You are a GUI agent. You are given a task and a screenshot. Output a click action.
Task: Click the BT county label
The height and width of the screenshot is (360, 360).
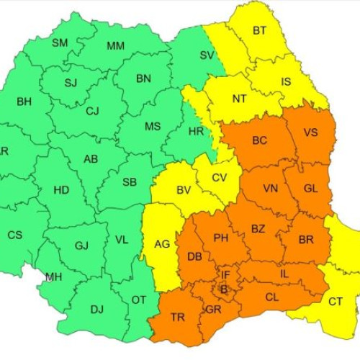(259, 31)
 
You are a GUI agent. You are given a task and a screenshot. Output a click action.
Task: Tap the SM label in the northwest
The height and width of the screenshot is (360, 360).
(60, 43)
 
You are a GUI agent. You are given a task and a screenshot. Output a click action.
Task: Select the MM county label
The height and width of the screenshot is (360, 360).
(115, 47)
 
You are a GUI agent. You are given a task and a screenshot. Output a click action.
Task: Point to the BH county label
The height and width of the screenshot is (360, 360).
(24, 102)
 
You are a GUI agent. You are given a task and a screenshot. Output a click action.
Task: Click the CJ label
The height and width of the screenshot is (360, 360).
(92, 111)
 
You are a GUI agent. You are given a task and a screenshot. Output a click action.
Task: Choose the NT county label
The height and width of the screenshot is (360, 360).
(240, 98)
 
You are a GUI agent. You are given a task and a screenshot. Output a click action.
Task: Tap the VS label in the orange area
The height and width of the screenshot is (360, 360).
(310, 132)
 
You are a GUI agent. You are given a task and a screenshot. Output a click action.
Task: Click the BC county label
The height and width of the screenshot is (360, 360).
(260, 141)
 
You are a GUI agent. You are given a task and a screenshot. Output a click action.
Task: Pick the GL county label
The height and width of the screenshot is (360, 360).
(310, 188)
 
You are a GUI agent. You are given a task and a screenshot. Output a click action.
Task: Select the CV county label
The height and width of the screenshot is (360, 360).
(220, 178)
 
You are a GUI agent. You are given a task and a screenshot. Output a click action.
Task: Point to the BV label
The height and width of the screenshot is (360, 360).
(184, 191)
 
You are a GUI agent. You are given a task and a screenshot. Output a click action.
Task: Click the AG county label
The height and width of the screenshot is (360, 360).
(163, 244)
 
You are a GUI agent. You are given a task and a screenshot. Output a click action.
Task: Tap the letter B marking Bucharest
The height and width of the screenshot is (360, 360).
(222, 289)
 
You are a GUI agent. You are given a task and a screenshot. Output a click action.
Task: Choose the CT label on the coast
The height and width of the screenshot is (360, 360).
(336, 302)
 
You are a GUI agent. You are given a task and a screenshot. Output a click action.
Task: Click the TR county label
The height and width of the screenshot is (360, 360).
(177, 318)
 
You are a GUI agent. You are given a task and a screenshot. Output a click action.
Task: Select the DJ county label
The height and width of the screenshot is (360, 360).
(96, 310)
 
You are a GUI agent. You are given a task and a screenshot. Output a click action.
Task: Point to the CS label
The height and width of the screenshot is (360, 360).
(14, 235)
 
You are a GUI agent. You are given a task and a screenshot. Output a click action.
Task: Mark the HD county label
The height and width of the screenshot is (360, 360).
(61, 191)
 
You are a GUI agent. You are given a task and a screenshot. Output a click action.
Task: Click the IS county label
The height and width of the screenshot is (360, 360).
(286, 82)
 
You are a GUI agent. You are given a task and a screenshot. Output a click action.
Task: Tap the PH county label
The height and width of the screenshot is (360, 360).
(221, 237)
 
